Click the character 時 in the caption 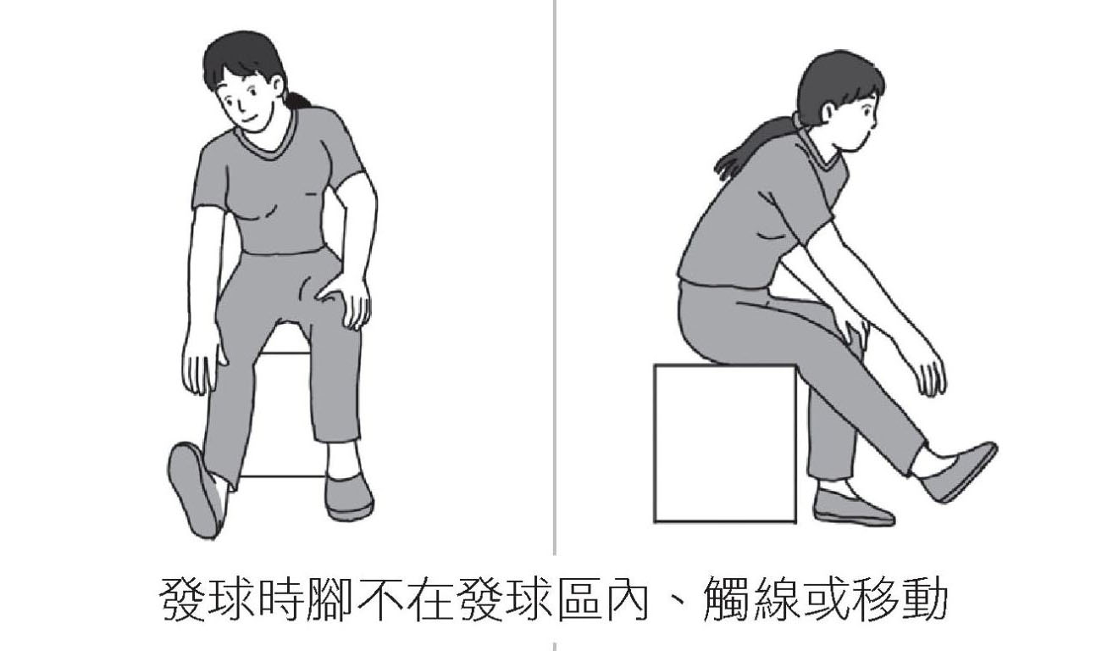click(280, 599)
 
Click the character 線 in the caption click(775, 599)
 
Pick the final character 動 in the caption click(924, 599)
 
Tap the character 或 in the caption click(825, 599)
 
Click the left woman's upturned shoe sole click(193, 490)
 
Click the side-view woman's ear click(828, 114)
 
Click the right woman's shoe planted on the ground click(853, 508)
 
